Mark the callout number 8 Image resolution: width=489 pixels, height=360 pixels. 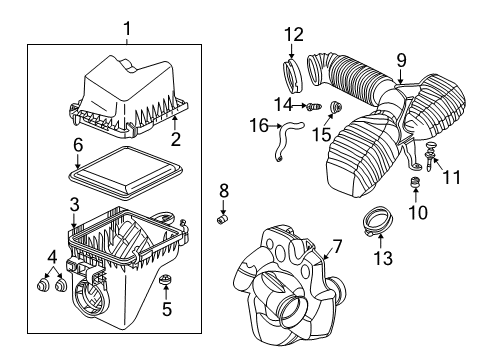pyautogui.click(x=223, y=189)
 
